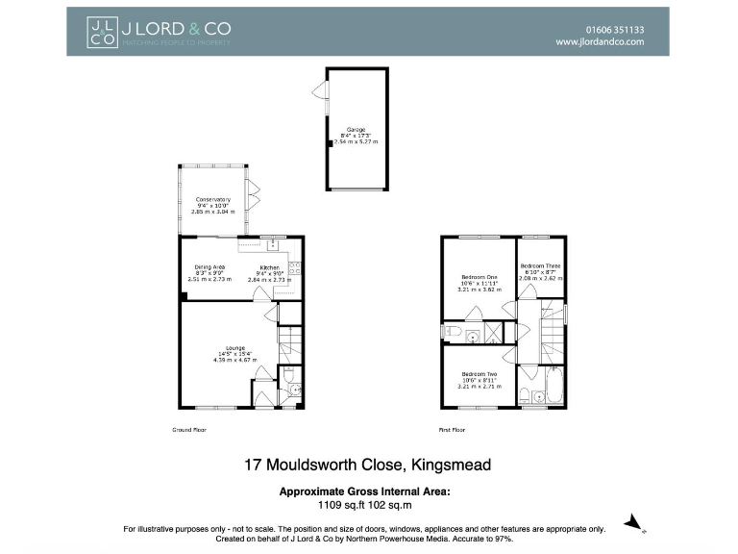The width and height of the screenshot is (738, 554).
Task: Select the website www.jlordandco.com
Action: pyautogui.click(x=600, y=43)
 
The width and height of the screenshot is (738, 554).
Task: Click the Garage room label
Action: pyautogui.click(x=356, y=129)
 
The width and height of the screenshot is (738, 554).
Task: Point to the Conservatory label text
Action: pyautogui.click(x=212, y=199)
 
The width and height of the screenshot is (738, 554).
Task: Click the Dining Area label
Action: pyautogui.click(x=209, y=266)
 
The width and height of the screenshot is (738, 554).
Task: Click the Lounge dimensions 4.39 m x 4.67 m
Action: pyautogui.click(x=235, y=360)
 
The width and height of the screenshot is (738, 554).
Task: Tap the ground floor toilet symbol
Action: pyautogui.click(x=295, y=390)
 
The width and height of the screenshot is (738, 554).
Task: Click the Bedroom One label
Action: pyautogui.click(x=478, y=278)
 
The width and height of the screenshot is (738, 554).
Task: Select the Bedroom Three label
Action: pyautogui.click(x=540, y=265)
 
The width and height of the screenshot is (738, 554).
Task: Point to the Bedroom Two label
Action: pyautogui.click(x=479, y=373)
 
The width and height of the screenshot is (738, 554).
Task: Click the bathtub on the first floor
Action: pyautogui.click(x=553, y=387)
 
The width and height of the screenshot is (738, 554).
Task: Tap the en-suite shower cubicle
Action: pyautogui.click(x=493, y=333)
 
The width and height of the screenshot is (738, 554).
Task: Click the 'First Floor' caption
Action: pyautogui.click(x=452, y=430)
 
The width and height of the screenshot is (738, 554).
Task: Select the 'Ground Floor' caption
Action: pyautogui.click(x=184, y=430)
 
